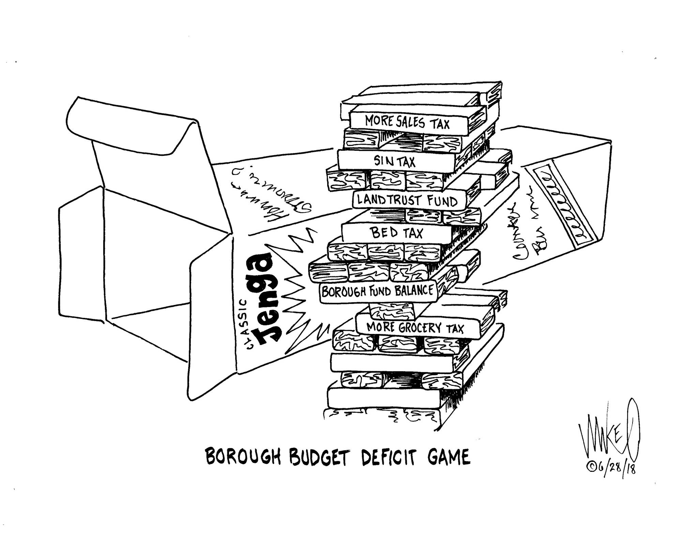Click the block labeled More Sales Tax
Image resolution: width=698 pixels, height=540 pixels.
coord(407,122)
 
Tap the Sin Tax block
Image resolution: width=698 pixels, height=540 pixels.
coord(395,161)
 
